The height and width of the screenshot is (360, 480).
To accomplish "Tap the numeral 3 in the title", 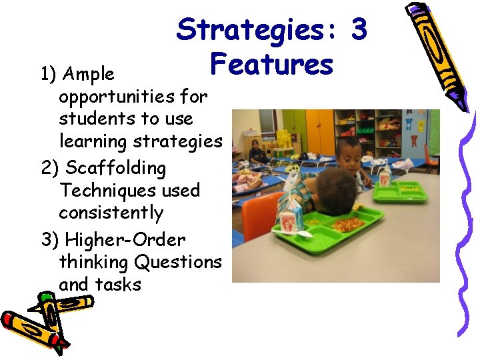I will pyautogui.click(x=359, y=29).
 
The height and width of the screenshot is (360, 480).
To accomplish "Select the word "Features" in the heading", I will pyautogui.click(x=271, y=65).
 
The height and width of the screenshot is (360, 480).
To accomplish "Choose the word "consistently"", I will pyautogui.click(x=111, y=213).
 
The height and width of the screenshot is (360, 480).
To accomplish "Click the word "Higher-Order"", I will pyautogui.click(x=125, y=239).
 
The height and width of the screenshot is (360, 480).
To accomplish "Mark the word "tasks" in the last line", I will pyautogui.click(x=118, y=285).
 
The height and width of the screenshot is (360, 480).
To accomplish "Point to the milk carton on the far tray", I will pyautogui.click(x=385, y=176).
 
